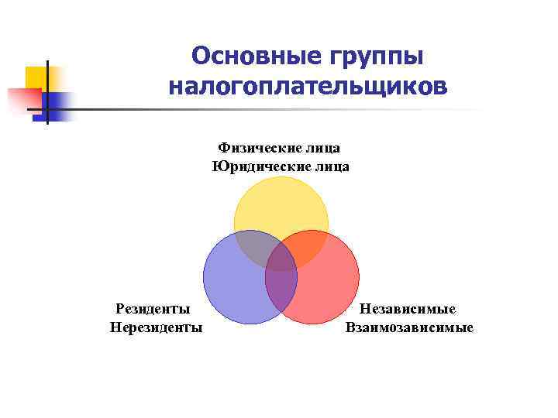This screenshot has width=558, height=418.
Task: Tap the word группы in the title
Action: pyautogui.click(x=377, y=56)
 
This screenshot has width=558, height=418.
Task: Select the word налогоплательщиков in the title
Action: pyautogui.click(x=307, y=86)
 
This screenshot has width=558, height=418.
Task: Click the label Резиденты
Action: pyautogui.click(x=153, y=310)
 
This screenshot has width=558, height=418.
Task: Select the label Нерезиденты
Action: pyautogui.click(x=157, y=327)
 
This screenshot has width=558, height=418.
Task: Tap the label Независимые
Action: pyautogui.click(x=408, y=310)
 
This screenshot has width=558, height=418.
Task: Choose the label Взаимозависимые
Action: pyautogui.click(x=409, y=327)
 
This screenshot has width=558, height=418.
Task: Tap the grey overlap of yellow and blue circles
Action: pyautogui.click(x=251, y=247)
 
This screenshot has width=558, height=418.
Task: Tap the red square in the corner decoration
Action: pyautogui.click(x=23, y=100)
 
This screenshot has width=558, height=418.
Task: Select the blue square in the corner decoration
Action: pyautogui.click(x=58, y=103)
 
